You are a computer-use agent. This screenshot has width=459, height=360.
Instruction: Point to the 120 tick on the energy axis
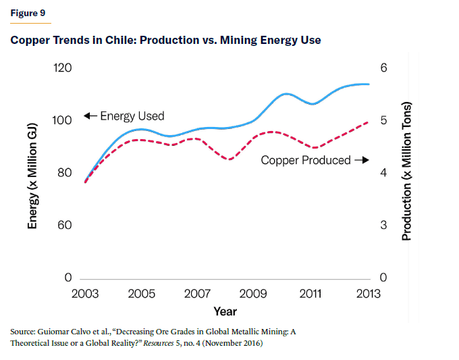[x=63, y=68]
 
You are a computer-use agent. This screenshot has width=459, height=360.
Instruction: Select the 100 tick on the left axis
[x=63, y=121]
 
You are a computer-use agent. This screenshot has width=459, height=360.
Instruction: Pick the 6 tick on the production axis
[x=383, y=68]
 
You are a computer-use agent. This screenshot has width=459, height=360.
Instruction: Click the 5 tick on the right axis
[x=383, y=121]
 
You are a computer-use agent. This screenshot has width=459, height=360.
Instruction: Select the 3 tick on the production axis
[x=383, y=225]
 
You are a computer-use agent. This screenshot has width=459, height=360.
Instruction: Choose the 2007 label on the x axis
[x=197, y=294]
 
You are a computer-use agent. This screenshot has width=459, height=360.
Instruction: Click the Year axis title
[x=225, y=311]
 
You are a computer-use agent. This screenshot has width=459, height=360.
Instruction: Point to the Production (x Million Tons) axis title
[x=406, y=172]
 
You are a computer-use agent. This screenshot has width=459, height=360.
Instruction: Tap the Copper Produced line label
[x=305, y=161]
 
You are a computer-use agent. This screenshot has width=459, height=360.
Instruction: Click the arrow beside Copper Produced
[x=362, y=161]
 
